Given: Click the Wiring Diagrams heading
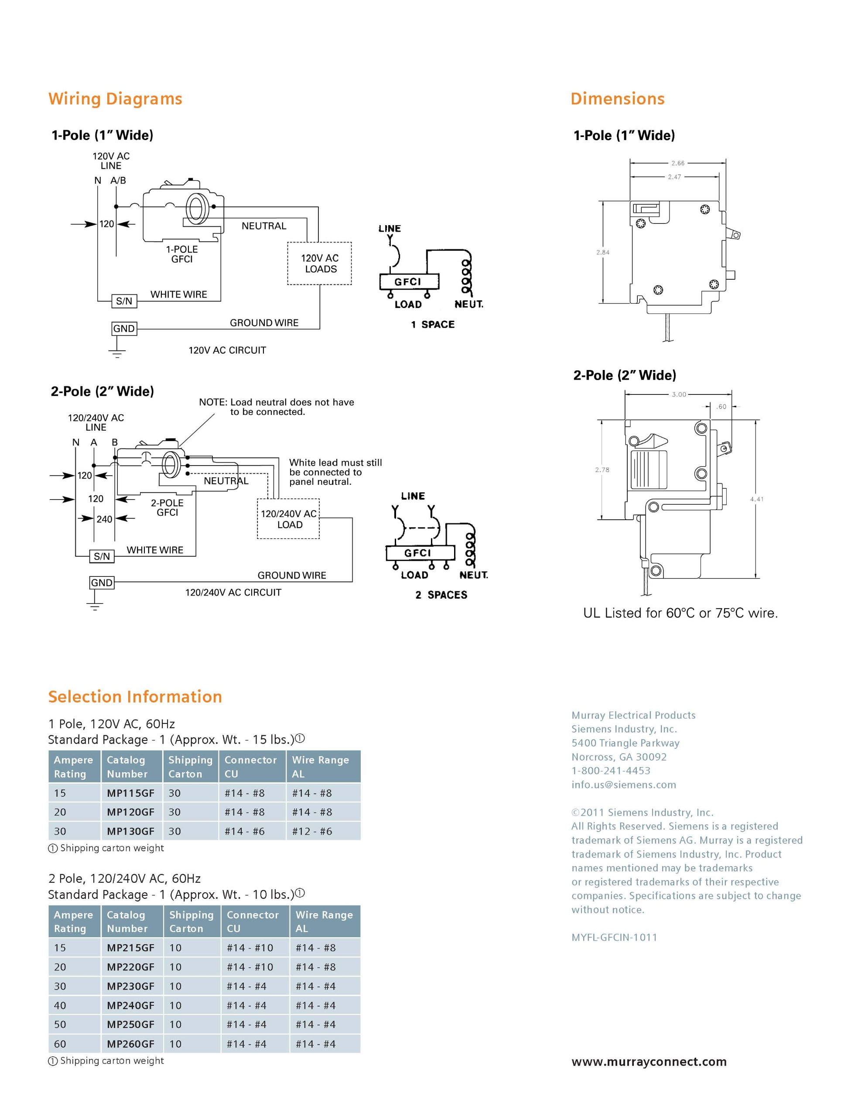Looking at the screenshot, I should click(115, 99).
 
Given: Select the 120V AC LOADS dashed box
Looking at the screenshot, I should click(319, 264).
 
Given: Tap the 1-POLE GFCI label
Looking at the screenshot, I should click(181, 254).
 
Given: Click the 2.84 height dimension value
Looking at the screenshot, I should click(603, 252).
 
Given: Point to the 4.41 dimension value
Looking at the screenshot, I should click(757, 499).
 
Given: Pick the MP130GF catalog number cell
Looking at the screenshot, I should click(130, 832).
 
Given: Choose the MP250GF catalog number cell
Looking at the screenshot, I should click(130, 1024).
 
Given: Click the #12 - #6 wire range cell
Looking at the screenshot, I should click(312, 832).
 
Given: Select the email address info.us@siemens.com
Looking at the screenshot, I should click(624, 785).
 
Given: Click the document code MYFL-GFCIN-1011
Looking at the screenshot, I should click(614, 938).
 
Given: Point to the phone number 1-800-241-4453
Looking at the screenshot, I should click(611, 771).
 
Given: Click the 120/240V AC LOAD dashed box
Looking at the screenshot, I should click(289, 519).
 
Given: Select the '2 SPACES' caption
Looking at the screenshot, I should click(441, 595).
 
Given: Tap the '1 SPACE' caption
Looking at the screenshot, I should click(433, 325).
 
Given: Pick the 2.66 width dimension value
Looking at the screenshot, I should click(678, 163).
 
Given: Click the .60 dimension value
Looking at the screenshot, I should click(721, 407).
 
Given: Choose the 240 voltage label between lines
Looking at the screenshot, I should click(104, 519).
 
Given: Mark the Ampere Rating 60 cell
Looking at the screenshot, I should click(60, 1044).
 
